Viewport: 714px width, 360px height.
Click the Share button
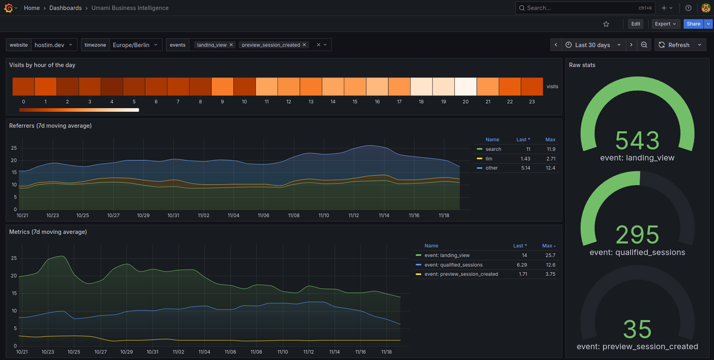pos(693,24)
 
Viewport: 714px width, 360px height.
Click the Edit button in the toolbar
pos(636,24)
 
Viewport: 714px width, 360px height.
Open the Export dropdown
pos(665,24)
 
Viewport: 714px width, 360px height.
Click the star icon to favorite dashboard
pos(606,24)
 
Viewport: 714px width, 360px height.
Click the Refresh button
pos(674,45)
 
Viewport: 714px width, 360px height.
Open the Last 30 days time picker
pos(593,45)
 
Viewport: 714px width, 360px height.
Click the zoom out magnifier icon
pos(644,45)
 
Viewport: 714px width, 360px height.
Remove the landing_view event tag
pos(231,45)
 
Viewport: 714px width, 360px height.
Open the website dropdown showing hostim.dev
pos(54,45)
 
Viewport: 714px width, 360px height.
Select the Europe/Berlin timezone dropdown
pos(135,45)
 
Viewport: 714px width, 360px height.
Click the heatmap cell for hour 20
pos(466,87)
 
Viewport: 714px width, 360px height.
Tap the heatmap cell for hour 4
pos(112,87)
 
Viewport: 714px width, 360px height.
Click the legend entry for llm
pos(489,159)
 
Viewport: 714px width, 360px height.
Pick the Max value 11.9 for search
pos(551,149)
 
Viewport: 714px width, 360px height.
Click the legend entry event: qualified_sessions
pos(453,265)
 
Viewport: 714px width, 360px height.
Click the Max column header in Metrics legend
pos(548,246)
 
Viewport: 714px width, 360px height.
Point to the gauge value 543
pos(637,140)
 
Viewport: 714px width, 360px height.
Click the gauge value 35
pos(637,329)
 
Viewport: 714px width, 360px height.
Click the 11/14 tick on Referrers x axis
pos(384,216)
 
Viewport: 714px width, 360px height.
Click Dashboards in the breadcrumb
pos(65,8)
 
